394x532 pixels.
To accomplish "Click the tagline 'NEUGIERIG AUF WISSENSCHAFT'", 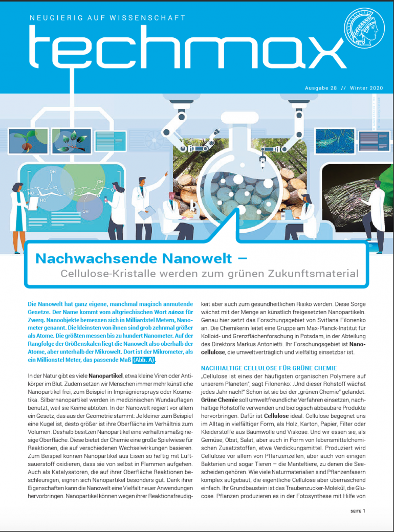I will pyautogui.click(x=107, y=18).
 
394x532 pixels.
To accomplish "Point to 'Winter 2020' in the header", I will pyautogui.click(x=366, y=88).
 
